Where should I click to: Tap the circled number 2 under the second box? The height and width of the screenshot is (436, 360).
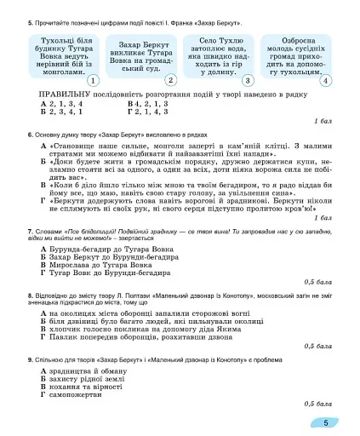coord(170,80)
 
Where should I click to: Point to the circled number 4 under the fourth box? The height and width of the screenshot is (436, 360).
coord(325,80)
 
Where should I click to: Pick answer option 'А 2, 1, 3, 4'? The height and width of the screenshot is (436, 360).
coord(60,102)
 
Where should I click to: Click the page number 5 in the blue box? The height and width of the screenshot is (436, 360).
coord(326,422)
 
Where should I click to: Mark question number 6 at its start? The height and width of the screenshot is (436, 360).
coord(30,135)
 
